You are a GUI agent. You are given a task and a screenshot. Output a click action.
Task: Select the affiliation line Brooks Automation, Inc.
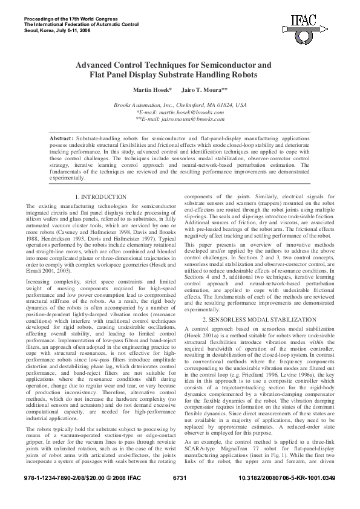coord(180,105)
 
